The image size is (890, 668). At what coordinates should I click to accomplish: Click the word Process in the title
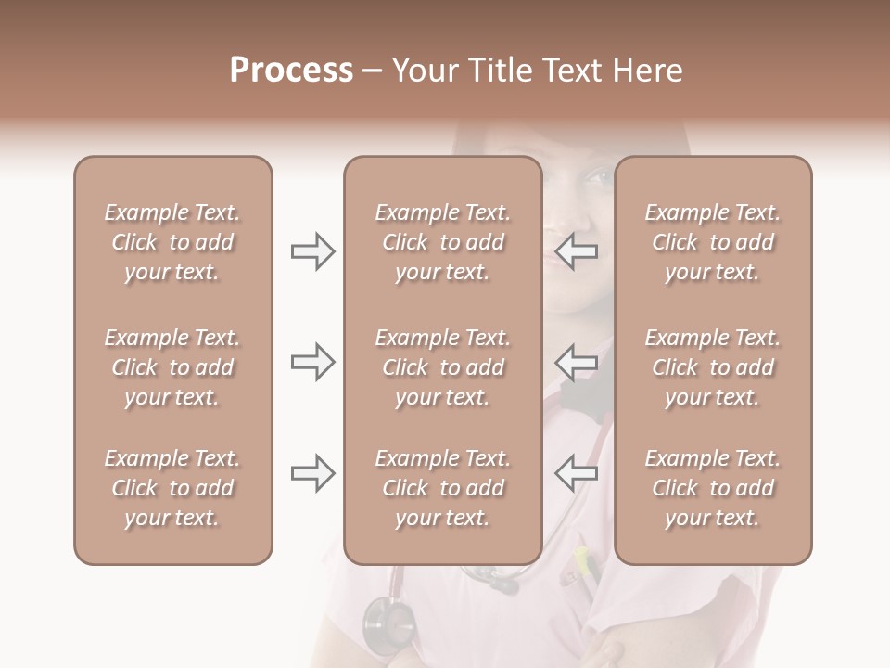coord(291,71)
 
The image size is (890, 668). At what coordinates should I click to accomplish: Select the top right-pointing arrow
coord(313,251)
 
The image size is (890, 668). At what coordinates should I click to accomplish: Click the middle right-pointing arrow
coord(313,362)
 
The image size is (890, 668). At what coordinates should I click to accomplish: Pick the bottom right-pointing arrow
coord(313,473)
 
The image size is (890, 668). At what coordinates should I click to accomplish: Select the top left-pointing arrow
coord(576,251)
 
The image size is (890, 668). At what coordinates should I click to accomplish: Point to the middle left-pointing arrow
coord(576,362)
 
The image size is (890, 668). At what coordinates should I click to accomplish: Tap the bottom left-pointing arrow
coord(576,473)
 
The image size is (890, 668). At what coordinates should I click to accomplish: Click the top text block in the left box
coord(172,242)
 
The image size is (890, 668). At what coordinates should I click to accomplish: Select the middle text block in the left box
coord(172,367)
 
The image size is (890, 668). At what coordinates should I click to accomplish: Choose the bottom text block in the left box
coord(172,488)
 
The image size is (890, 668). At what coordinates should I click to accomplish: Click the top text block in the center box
coord(443,242)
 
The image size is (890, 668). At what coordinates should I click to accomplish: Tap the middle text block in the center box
coord(443,367)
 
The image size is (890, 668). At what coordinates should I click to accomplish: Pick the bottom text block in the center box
coord(443,488)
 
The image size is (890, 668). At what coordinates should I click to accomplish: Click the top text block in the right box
coord(713,242)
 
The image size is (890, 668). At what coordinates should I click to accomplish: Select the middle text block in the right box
coord(713,367)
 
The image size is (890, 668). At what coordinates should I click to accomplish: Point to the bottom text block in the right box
coord(713,488)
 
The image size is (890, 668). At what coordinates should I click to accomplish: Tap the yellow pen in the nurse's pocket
coord(582,559)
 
